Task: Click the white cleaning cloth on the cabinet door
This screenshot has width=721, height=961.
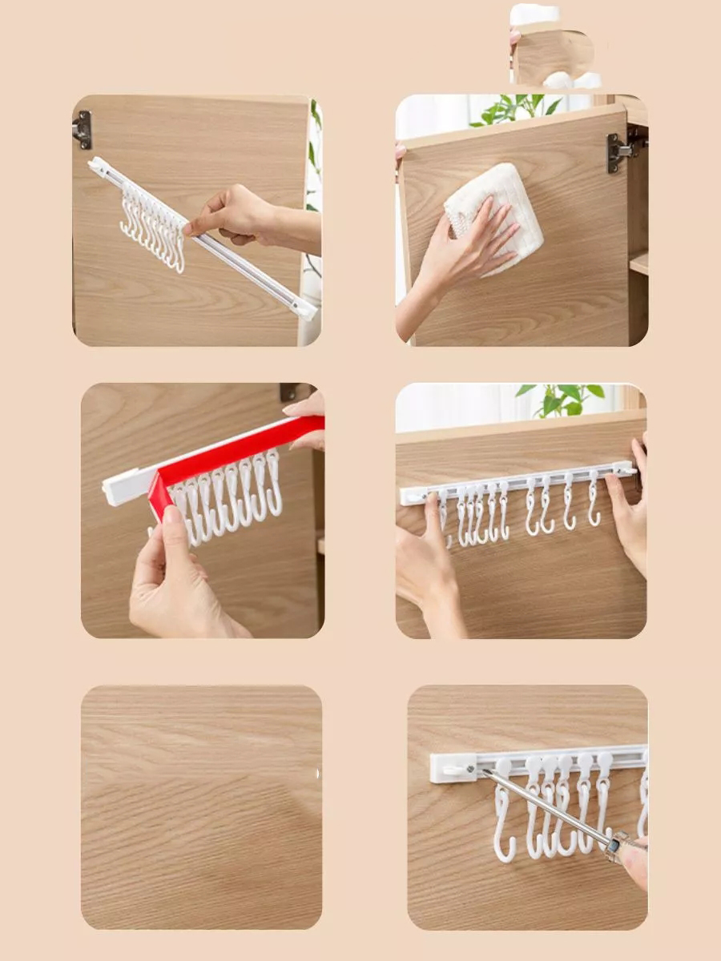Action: coord(497,212)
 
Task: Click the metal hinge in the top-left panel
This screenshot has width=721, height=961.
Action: coord(83,130)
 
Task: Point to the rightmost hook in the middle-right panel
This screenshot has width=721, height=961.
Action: coord(594,501)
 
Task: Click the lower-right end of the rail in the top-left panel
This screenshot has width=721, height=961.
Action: coord(304,308)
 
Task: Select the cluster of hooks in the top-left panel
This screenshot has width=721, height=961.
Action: coord(152,224)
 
